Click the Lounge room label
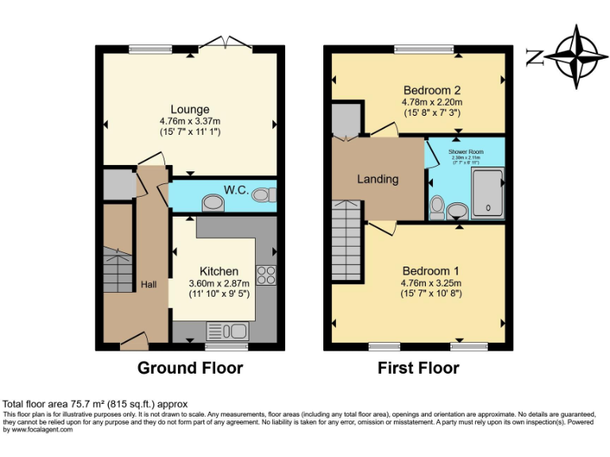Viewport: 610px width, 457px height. pyautogui.click(x=190, y=109)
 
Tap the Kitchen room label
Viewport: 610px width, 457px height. pyautogui.click(x=218, y=271)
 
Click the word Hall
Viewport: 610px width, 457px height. pyautogui.click(x=149, y=284)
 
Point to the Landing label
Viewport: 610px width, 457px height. pyautogui.click(x=377, y=179)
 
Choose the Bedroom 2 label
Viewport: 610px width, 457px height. pyautogui.click(x=432, y=90)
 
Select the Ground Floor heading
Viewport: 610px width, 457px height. pyautogui.click(x=190, y=368)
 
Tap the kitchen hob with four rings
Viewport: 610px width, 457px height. pyautogui.click(x=266, y=275)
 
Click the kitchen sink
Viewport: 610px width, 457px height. pyautogui.click(x=228, y=331)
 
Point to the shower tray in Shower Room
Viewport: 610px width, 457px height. pyautogui.click(x=487, y=194)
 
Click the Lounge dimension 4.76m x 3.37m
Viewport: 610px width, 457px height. pyautogui.click(x=190, y=121)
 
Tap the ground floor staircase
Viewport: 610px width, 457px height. pyautogui.click(x=118, y=270)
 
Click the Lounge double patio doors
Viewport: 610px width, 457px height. pyautogui.click(x=223, y=43)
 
